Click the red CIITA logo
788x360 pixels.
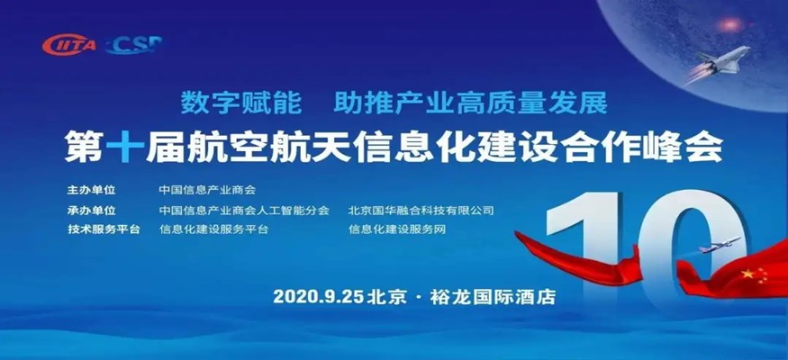[x=68, y=45]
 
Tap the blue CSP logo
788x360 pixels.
[x=133, y=45]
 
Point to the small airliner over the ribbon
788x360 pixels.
[x=720, y=244]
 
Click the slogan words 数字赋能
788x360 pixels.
[x=241, y=103]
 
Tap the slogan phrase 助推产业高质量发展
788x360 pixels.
[x=471, y=103]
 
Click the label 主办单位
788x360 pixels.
[x=91, y=191]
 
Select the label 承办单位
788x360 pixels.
[x=91, y=211]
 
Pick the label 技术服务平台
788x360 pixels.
[x=103, y=229]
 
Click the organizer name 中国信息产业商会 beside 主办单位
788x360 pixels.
[x=207, y=191]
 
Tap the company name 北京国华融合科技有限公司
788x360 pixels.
[x=421, y=211]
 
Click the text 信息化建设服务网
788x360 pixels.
[x=397, y=229]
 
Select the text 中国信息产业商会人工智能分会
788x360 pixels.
[x=244, y=211]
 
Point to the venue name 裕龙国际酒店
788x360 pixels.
[x=493, y=297]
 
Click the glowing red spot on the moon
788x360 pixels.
[x=729, y=24]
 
